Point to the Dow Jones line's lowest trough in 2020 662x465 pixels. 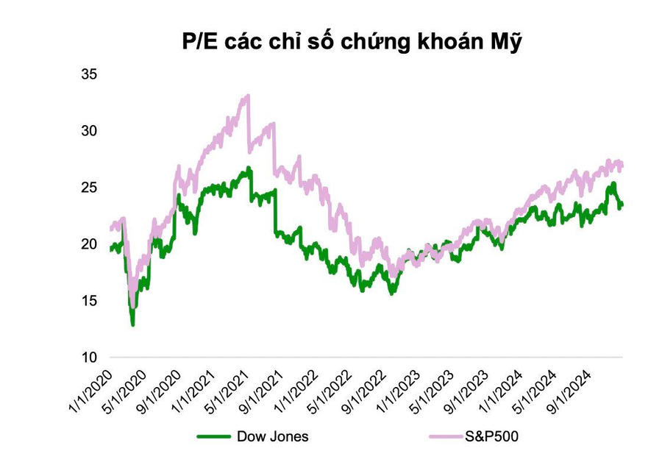click(x=133, y=324)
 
